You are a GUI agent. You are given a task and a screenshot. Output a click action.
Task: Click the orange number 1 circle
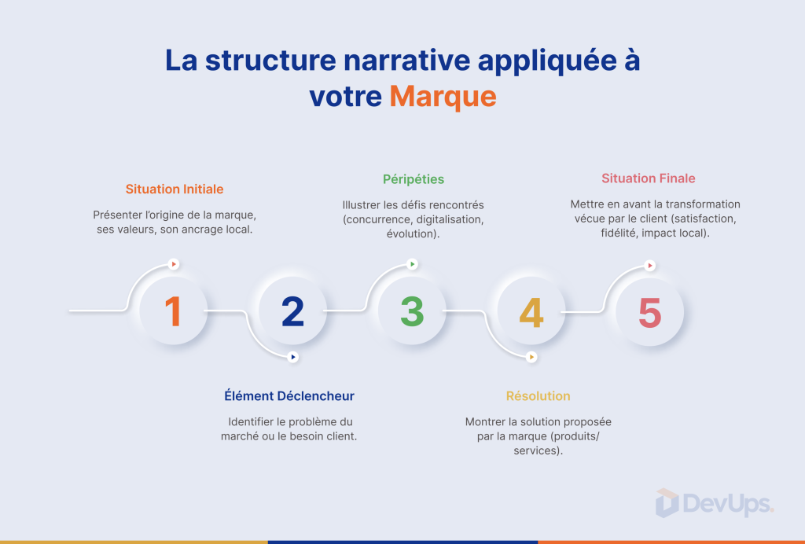[x=174, y=311]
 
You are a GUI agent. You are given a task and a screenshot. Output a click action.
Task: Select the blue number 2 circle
[x=292, y=311]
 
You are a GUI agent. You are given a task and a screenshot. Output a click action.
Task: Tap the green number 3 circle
[x=412, y=311]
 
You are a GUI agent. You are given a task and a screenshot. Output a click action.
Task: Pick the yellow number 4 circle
[x=531, y=311]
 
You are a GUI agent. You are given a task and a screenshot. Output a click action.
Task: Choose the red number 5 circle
[x=650, y=312]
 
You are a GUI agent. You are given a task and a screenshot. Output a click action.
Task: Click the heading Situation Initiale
[x=175, y=189]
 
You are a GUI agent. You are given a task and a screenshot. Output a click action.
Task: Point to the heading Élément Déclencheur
[x=289, y=395]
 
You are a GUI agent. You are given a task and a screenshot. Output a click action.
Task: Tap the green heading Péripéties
[x=414, y=179]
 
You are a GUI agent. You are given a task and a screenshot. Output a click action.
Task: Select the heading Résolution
[x=538, y=395]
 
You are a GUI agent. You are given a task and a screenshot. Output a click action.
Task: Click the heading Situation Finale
[x=649, y=178]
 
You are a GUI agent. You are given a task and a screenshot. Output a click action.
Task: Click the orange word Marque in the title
[x=443, y=97]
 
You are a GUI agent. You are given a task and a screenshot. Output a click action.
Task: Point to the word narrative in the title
[x=407, y=60]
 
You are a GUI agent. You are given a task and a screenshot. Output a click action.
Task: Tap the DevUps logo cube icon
[x=667, y=503]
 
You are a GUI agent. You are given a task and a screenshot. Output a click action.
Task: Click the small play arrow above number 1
[x=174, y=264]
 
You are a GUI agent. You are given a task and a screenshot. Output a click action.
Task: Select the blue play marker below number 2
[x=292, y=357]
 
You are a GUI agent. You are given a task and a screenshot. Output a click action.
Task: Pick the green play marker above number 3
[x=412, y=264]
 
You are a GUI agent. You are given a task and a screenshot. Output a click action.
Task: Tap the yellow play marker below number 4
[x=531, y=357]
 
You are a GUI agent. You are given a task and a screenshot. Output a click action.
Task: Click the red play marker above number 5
[x=650, y=266]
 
